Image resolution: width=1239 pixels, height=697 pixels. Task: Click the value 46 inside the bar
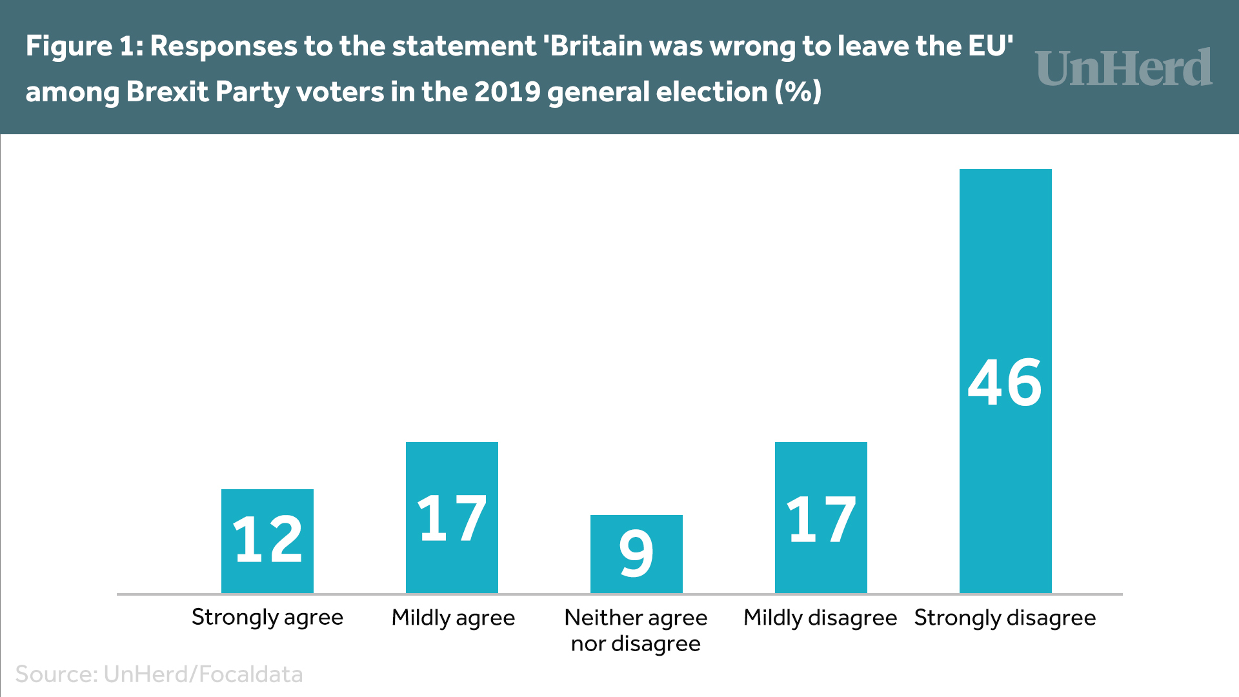[1005, 383]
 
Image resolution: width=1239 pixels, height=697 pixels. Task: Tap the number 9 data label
[636, 553]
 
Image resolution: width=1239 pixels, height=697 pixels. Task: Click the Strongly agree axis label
[267, 618]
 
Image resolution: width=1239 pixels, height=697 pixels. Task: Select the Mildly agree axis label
[453, 618]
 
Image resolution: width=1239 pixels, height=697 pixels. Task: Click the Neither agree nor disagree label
[636, 631]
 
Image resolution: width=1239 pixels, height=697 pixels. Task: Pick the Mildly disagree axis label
[820, 618]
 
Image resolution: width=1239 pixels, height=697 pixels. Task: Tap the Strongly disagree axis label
[1005, 618]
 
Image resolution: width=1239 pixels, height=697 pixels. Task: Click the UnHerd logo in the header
[1124, 68]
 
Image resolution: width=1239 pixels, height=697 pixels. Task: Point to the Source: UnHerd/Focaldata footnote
[159, 674]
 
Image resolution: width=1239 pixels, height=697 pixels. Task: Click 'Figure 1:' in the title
[85, 46]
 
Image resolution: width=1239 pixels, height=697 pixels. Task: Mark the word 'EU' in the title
[989, 46]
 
